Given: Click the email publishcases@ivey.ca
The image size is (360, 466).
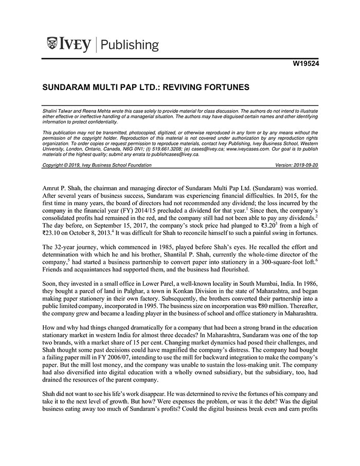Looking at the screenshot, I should tap(174, 154).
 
